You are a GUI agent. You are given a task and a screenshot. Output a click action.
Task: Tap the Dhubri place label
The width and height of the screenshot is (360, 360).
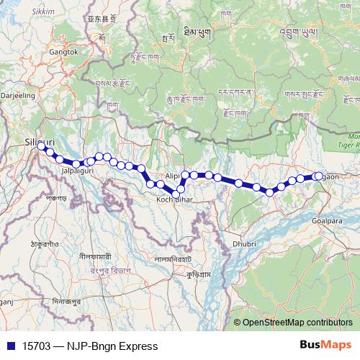click(x=245, y=245)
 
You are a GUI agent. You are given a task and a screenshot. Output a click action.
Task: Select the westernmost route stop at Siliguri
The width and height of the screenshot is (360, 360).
click(x=42, y=146)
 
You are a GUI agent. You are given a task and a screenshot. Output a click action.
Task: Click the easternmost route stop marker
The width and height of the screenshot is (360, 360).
click(x=318, y=176)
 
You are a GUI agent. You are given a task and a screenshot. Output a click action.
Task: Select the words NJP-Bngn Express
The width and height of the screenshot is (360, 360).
click(x=116, y=346)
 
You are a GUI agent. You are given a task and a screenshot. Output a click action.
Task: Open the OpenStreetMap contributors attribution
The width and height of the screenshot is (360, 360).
click(x=297, y=323)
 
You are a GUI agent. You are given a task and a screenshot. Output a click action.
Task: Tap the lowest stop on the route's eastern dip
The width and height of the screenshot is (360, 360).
click(x=270, y=192)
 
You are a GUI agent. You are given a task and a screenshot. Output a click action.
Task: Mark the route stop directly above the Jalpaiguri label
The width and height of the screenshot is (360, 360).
click(x=76, y=164)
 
